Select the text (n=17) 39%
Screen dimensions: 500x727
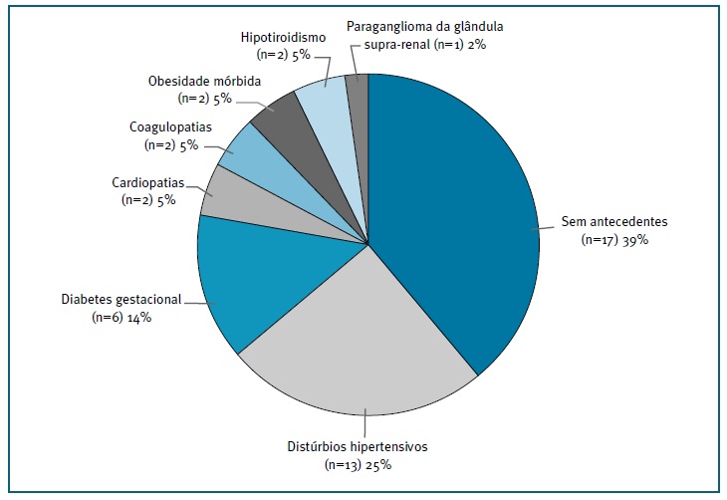[614, 240]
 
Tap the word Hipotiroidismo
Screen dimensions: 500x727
[284, 37]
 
